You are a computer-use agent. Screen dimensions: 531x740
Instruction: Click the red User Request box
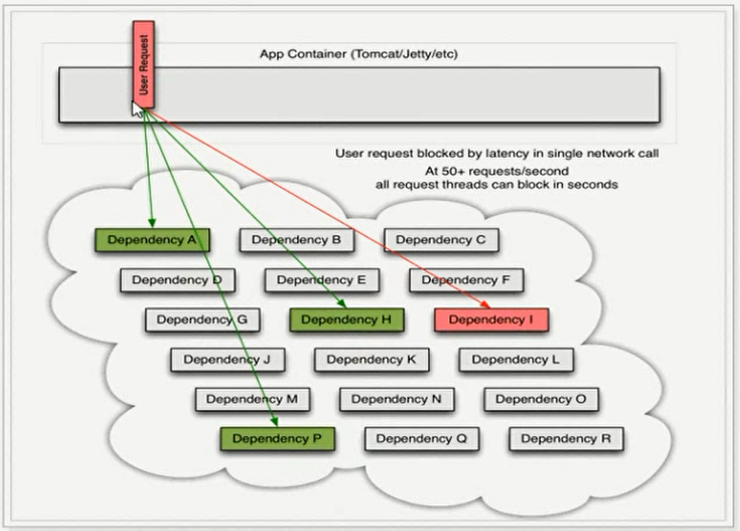click(x=145, y=64)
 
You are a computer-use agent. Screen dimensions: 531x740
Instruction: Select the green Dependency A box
click(x=153, y=241)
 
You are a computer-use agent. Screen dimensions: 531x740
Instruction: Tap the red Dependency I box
click(x=491, y=320)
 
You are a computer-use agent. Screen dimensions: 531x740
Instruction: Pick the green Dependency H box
click(x=347, y=320)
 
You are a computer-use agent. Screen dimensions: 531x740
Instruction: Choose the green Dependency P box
click(x=277, y=438)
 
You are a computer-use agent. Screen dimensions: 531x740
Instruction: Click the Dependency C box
click(x=441, y=241)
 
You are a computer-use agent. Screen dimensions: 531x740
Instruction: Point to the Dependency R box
click(x=566, y=438)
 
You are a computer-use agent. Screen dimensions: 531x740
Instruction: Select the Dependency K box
click(x=372, y=359)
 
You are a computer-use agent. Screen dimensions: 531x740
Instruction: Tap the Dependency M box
click(x=252, y=400)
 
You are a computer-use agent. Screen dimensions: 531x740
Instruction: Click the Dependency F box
click(x=466, y=279)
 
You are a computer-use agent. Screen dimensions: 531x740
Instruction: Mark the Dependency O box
click(x=541, y=400)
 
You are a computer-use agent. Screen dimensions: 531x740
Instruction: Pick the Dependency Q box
click(x=422, y=438)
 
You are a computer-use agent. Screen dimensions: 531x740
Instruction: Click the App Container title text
click(x=359, y=54)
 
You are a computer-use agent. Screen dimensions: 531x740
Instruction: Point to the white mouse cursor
click(x=138, y=108)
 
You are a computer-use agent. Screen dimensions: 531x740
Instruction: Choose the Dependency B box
click(x=297, y=241)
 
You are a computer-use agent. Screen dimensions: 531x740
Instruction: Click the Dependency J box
click(x=227, y=359)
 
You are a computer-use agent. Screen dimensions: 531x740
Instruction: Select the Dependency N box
click(x=396, y=400)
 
